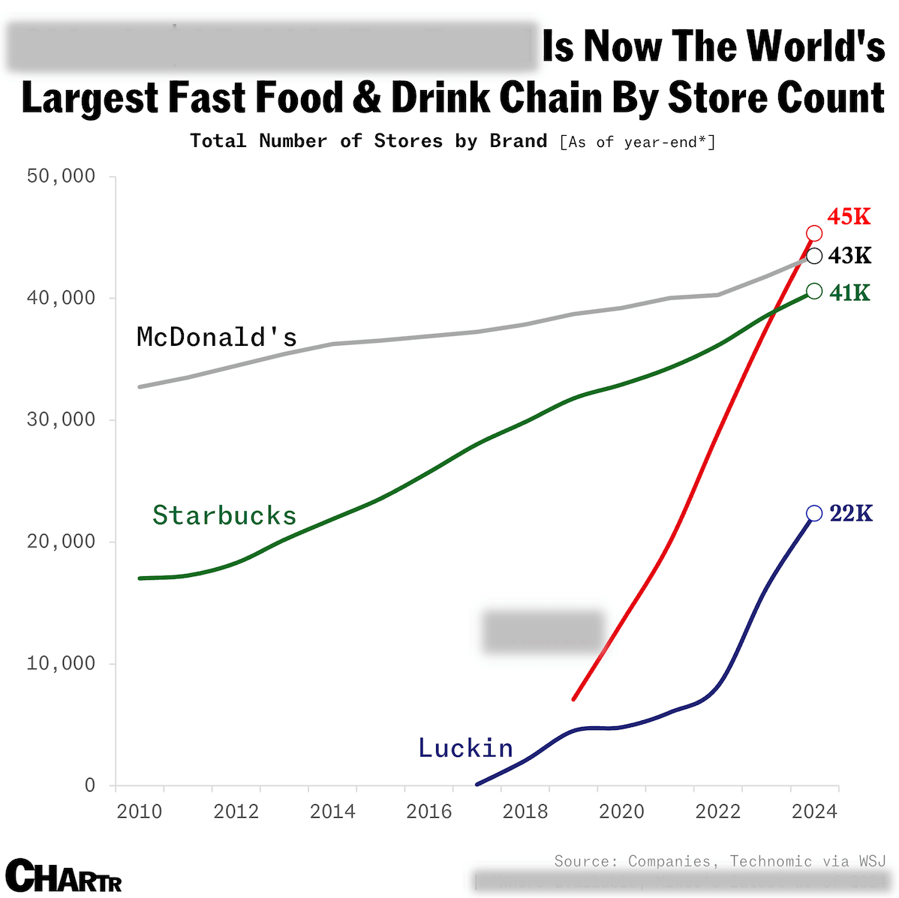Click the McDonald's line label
point(217,338)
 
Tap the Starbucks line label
point(224,515)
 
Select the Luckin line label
point(465,748)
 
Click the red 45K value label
point(849,217)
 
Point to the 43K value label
point(850,256)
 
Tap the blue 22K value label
point(851,513)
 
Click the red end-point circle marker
point(814,233)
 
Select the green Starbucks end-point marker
point(814,291)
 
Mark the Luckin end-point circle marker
point(814,513)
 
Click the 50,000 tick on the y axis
point(62,176)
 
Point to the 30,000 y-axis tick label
point(62,419)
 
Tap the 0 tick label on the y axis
point(90,785)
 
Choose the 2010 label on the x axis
point(140,812)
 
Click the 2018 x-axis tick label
point(525,812)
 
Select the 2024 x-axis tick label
point(814,812)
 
